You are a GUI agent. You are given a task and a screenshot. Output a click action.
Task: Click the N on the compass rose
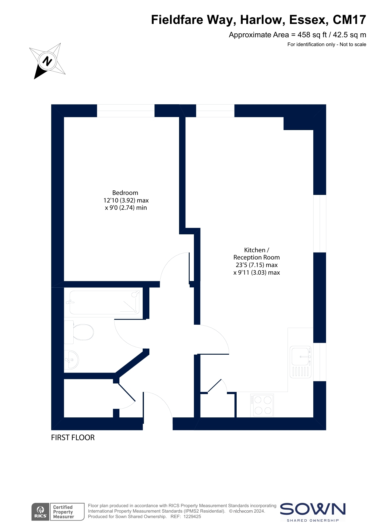[x=47, y=61]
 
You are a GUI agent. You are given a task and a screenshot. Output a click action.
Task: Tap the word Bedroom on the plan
[x=125, y=193]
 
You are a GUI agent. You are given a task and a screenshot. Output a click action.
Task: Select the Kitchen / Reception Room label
[x=257, y=254]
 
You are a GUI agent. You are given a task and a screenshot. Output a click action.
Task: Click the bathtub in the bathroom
[x=105, y=302]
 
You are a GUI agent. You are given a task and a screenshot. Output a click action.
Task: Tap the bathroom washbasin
[x=71, y=360]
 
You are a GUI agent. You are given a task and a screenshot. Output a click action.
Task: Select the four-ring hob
[x=262, y=405]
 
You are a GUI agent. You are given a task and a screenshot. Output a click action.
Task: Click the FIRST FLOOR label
[x=73, y=437]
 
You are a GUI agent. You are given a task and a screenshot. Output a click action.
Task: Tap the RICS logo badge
[x=41, y=512]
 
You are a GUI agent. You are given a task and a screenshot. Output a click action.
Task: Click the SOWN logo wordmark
[x=313, y=509]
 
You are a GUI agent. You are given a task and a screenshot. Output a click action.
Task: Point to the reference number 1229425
[x=192, y=517]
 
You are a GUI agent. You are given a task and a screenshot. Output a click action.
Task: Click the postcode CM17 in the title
[x=349, y=20]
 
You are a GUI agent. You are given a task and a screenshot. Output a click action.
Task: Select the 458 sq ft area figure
[x=312, y=35]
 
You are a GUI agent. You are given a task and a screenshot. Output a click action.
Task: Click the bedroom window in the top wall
[x=126, y=111]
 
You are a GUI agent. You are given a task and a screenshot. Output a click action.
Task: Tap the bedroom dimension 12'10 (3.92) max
[x=126, y=200]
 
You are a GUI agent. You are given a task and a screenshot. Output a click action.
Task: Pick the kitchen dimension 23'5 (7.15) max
[x=257, y=265]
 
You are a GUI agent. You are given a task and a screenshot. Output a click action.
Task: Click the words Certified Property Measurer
[x=64, y=512]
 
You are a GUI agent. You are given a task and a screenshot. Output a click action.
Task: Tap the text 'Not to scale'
[x=353, y=45]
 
